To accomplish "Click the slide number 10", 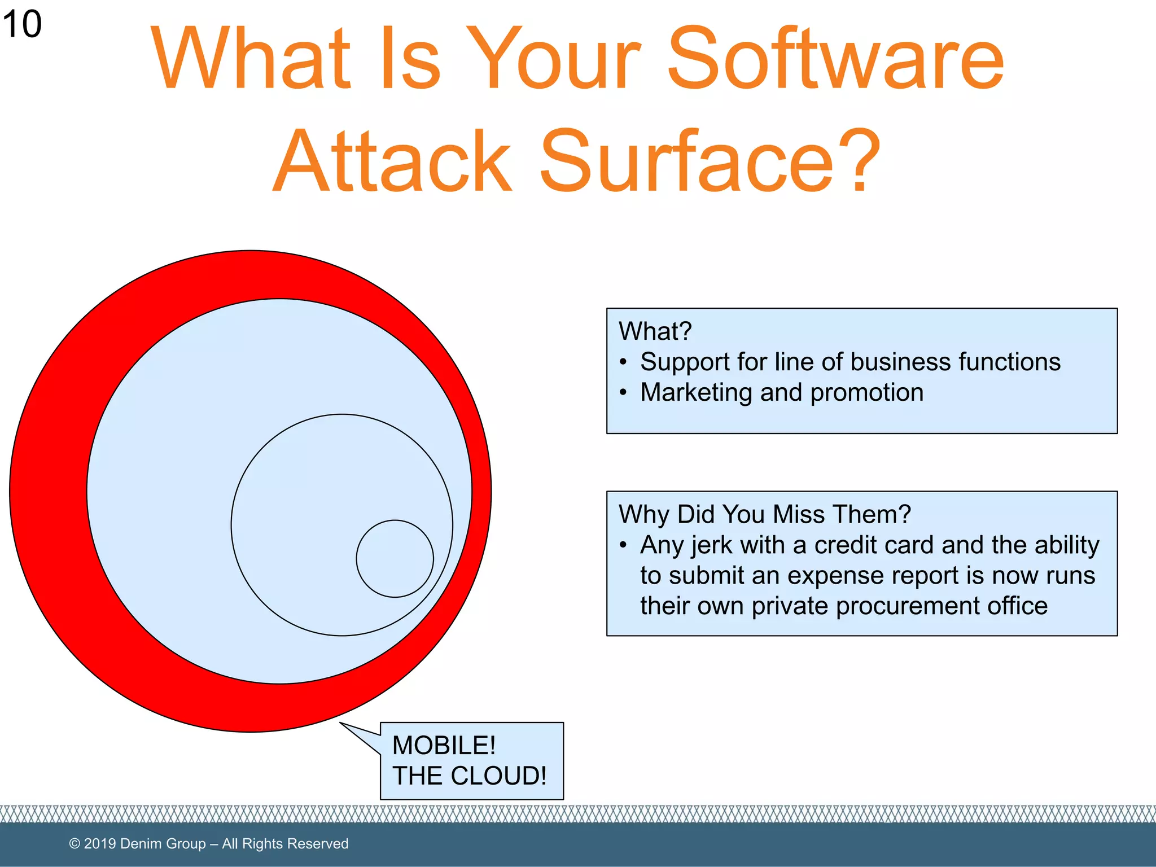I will coord(22,24).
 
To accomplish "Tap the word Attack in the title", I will coord(392,162).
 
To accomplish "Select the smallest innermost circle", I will coord(395,558).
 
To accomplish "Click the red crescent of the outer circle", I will coord(48,491).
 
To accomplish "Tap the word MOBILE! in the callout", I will coord(444,745).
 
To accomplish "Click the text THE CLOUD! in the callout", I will coord(469,776).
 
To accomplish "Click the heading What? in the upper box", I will coord(655,331).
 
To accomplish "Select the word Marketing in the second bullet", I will coord(696,392).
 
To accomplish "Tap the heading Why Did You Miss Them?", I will coord(764,514).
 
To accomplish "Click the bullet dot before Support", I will coord(623,362).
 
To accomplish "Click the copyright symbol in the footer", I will coord(75,844).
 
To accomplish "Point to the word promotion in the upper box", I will coord(867,392).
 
